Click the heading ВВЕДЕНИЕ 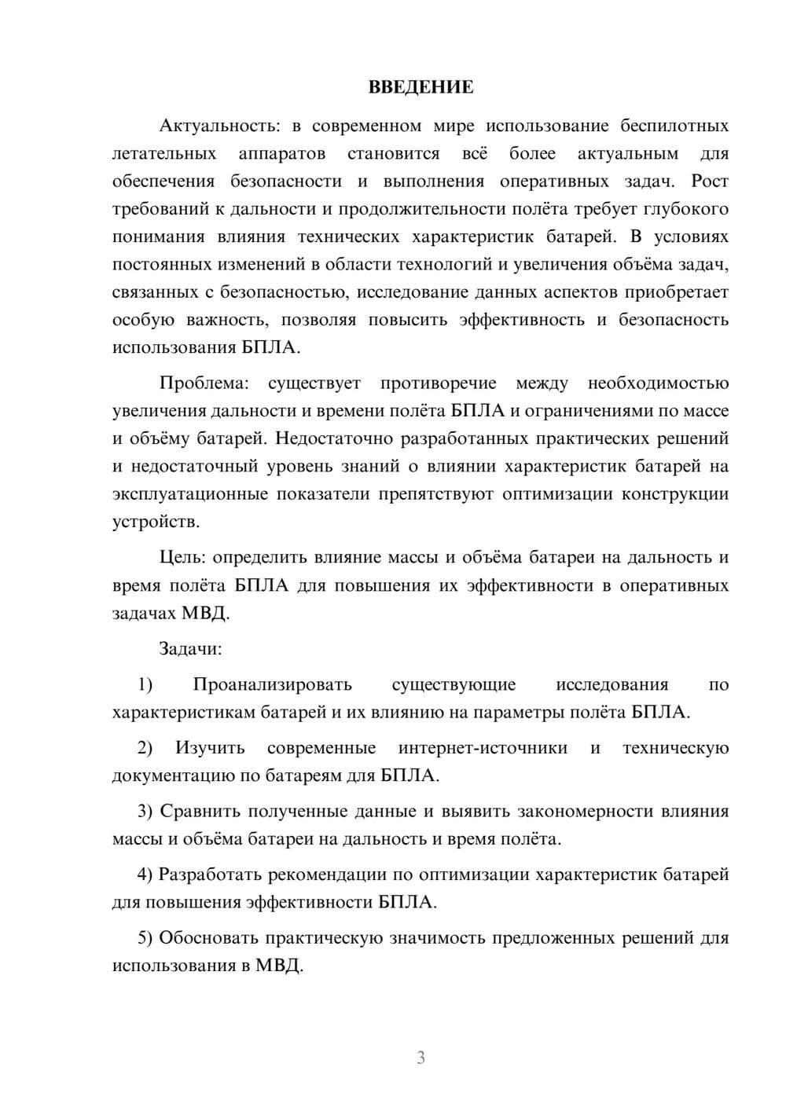coord(421,87)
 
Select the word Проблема coord(204,383)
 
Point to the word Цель coord(182,558)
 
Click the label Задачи coord(190,649)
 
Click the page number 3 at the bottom coord(421,1058)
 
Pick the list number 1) coord(145,685)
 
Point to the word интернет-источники coord(483,748)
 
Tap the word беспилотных coord(674,126)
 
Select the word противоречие coord(439,383)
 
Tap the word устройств coord(156,522)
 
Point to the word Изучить coord(210,748)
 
